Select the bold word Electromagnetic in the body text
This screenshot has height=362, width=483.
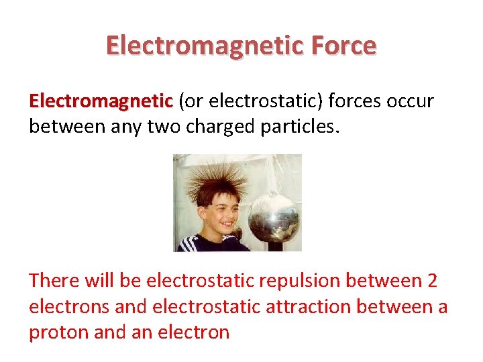coord(101,101)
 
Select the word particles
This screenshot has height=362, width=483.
coord(305,125)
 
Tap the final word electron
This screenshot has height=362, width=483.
coord(194,332)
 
